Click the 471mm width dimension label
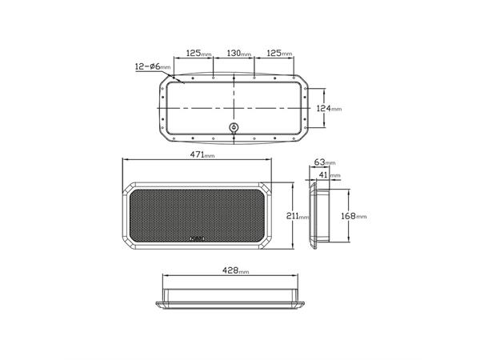tap(202, 154)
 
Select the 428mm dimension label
tap(235, 270)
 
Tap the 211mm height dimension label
tap(298, 216)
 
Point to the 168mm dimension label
tap(354, 216)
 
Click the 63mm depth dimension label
tap(325, 162)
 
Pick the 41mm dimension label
tap(330, 175)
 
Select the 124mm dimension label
tap(329, 109)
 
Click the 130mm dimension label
tap(238, 54)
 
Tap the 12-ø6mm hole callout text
tap(153, 66)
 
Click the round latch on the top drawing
tap(234, 127)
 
